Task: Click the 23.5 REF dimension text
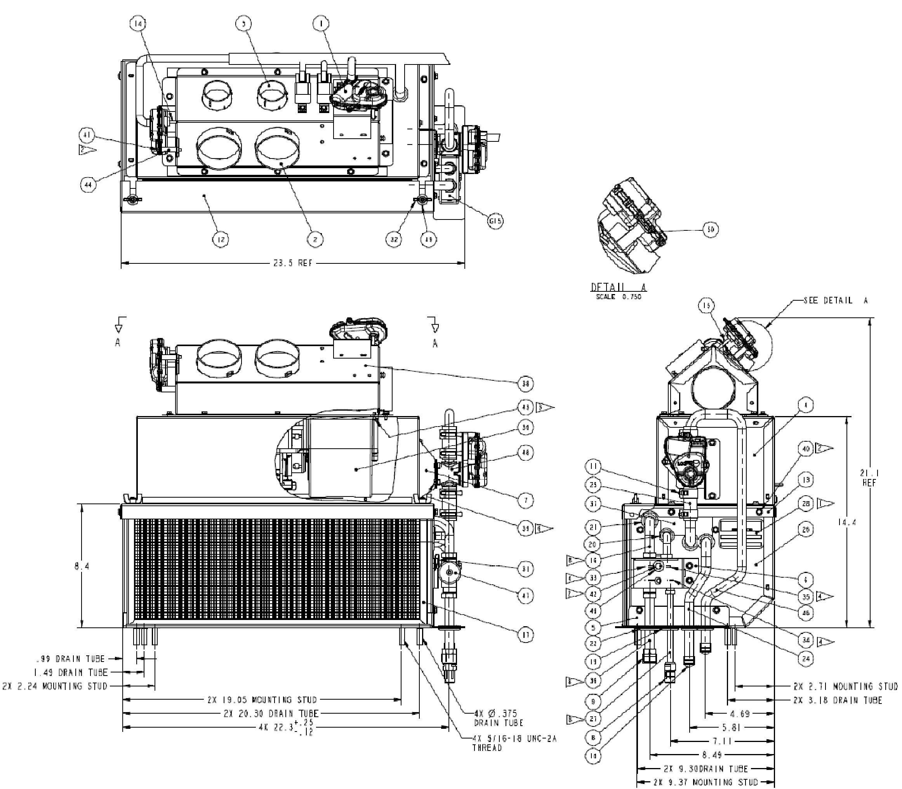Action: [293, 263]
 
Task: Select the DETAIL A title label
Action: [619, 287]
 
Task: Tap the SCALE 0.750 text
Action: [619, 297]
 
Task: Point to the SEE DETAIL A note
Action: [836, 300]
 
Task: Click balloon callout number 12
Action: [221, 240]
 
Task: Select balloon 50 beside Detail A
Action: [711, 229]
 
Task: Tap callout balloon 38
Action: [525, 384]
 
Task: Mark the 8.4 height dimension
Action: [82, 566]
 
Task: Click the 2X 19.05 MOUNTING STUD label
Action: [262, 700]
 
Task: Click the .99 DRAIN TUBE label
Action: [70, 659]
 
